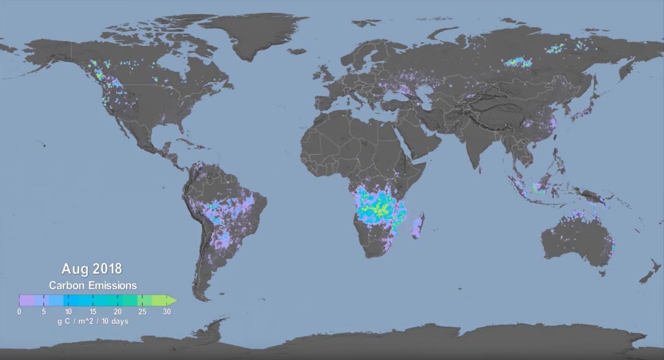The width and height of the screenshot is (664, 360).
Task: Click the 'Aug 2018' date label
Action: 92,268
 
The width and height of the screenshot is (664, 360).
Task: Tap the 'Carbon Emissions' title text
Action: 93,285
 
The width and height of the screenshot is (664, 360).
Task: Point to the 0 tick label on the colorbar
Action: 19,312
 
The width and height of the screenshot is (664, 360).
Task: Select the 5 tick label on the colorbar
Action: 44,312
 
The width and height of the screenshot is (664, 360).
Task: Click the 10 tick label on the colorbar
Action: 68,312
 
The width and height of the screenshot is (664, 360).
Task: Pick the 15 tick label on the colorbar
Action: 93,312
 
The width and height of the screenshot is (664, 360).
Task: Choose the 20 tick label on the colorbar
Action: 118,312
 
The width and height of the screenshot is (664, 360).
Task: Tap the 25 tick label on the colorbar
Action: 142,312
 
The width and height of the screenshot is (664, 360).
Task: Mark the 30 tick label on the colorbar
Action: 167,312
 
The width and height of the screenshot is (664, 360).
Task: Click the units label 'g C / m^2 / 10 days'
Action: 93,321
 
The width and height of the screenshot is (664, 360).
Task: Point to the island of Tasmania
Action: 602,273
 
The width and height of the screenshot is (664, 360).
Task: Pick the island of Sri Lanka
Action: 481,170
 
